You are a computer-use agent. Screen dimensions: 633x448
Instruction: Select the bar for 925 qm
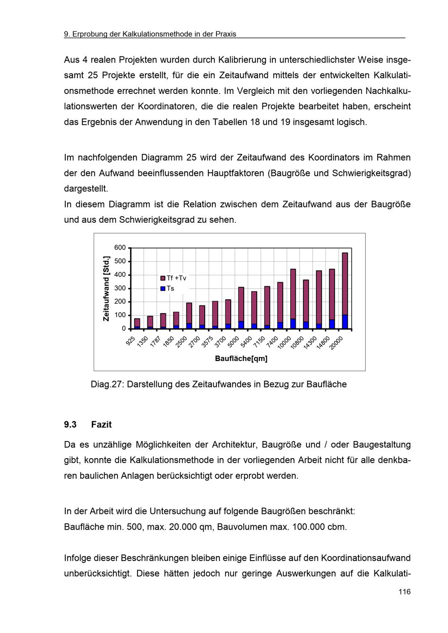pos(137,323)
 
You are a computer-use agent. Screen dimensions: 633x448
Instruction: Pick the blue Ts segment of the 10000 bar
pos(293,324)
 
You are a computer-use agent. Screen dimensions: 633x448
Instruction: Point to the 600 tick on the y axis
pos(120,248)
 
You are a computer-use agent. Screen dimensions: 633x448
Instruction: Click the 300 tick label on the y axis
pos(120,288)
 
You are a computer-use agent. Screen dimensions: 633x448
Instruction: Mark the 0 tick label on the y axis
pos(124,328)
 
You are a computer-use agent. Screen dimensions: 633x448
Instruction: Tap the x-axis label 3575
pos(207,342)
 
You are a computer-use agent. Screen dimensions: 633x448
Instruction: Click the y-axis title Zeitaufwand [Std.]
pos(106,288)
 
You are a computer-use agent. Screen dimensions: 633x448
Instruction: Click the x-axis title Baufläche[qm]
pos(241,358)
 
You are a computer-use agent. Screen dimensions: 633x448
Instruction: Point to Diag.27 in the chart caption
pos(107,384)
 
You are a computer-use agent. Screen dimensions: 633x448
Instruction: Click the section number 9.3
pos(70,425)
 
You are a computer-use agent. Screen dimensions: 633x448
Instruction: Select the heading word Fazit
pos(101,425)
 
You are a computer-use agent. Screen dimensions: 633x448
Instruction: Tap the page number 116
pos(404,592)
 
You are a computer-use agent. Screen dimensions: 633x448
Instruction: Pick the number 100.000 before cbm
pos(309,527)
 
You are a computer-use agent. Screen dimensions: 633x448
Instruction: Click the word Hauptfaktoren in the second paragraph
pos(235,173)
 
